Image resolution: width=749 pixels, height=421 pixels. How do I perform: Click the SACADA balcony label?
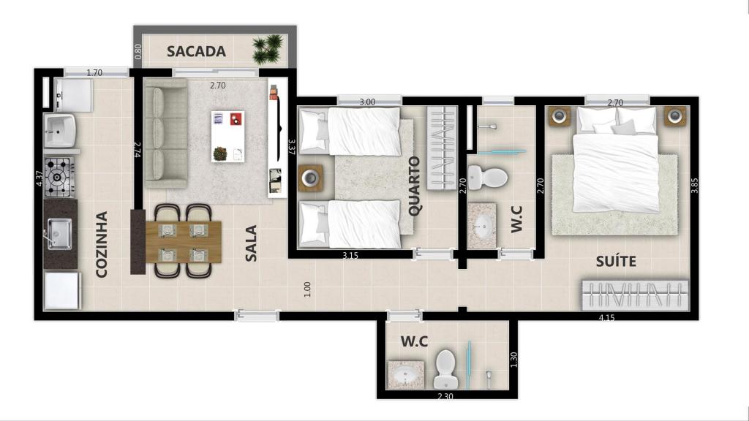click(196, 52)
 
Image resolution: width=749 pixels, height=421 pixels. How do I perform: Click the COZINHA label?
click(102, 244)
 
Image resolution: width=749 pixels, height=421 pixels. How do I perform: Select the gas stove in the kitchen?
click(59, 177)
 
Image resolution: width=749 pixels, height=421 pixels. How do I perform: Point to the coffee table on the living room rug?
click(227, 136)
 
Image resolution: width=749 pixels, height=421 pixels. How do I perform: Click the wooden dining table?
click(183, 240)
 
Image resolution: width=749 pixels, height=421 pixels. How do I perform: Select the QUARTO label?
click(415, 186)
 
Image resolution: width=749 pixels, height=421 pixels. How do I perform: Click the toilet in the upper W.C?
click(486, 176)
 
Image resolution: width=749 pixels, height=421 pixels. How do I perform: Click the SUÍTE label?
click(615, 261)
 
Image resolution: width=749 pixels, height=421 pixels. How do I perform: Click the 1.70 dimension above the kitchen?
click(94, 72)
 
